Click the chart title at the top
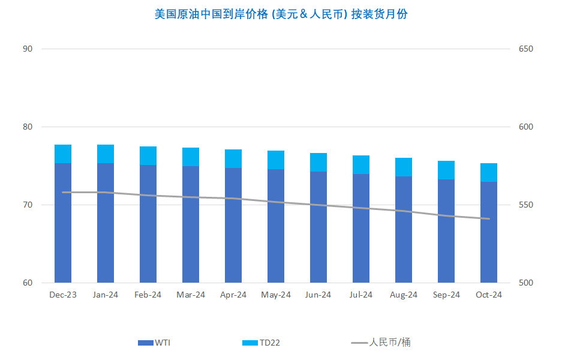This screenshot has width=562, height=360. pos(281,14)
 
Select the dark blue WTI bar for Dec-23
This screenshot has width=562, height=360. pos(63,223)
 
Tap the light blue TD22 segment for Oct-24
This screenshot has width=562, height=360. pos(489,172)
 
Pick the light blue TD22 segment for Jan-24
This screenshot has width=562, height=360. pos(106,154)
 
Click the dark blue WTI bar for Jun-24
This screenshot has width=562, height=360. pos(318,227)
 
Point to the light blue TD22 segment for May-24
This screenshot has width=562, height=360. pos(276,160)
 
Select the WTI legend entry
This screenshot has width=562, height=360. pos(154,343)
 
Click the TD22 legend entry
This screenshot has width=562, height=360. pos(261,343)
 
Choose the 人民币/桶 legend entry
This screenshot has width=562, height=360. pos(381,343)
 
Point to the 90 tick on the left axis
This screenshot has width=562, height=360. pos(28,49)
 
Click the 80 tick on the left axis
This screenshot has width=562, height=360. pos(28,127)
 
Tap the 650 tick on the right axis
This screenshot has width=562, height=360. pos(526,49)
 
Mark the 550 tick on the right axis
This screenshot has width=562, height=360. pos(526,205)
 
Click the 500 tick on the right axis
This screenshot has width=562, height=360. pos(526,283)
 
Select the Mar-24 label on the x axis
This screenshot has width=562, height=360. pos(191,295)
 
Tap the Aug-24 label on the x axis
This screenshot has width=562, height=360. pos(404,295)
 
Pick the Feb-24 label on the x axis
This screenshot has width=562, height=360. pos(148,295)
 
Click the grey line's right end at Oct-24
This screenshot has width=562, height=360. pos(489,219)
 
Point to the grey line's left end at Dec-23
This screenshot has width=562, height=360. pos(63,193)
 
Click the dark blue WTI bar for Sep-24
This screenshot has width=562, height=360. pos(446,231)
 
